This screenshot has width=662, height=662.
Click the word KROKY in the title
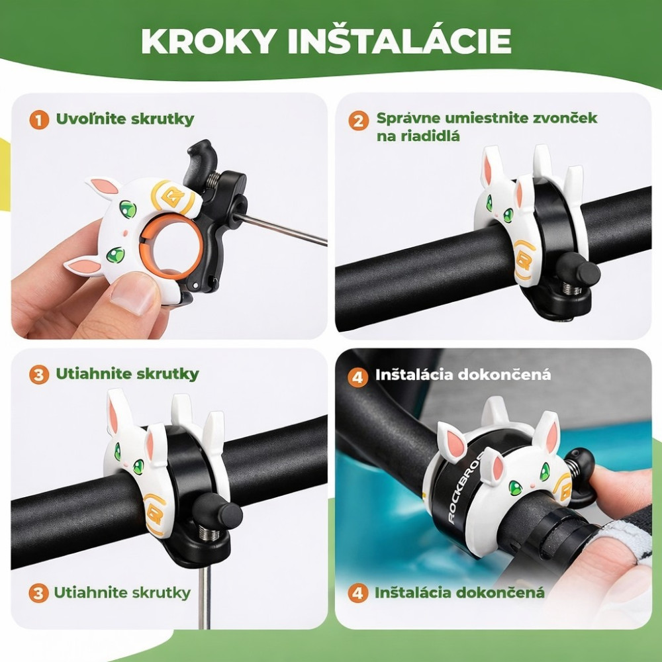[209, 41]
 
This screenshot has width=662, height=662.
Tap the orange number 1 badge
[39, 120]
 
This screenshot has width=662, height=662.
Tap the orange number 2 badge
[358, 120]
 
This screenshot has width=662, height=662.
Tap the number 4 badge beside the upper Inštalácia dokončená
[357, 377]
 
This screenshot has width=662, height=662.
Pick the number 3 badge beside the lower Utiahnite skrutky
[38, 593]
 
